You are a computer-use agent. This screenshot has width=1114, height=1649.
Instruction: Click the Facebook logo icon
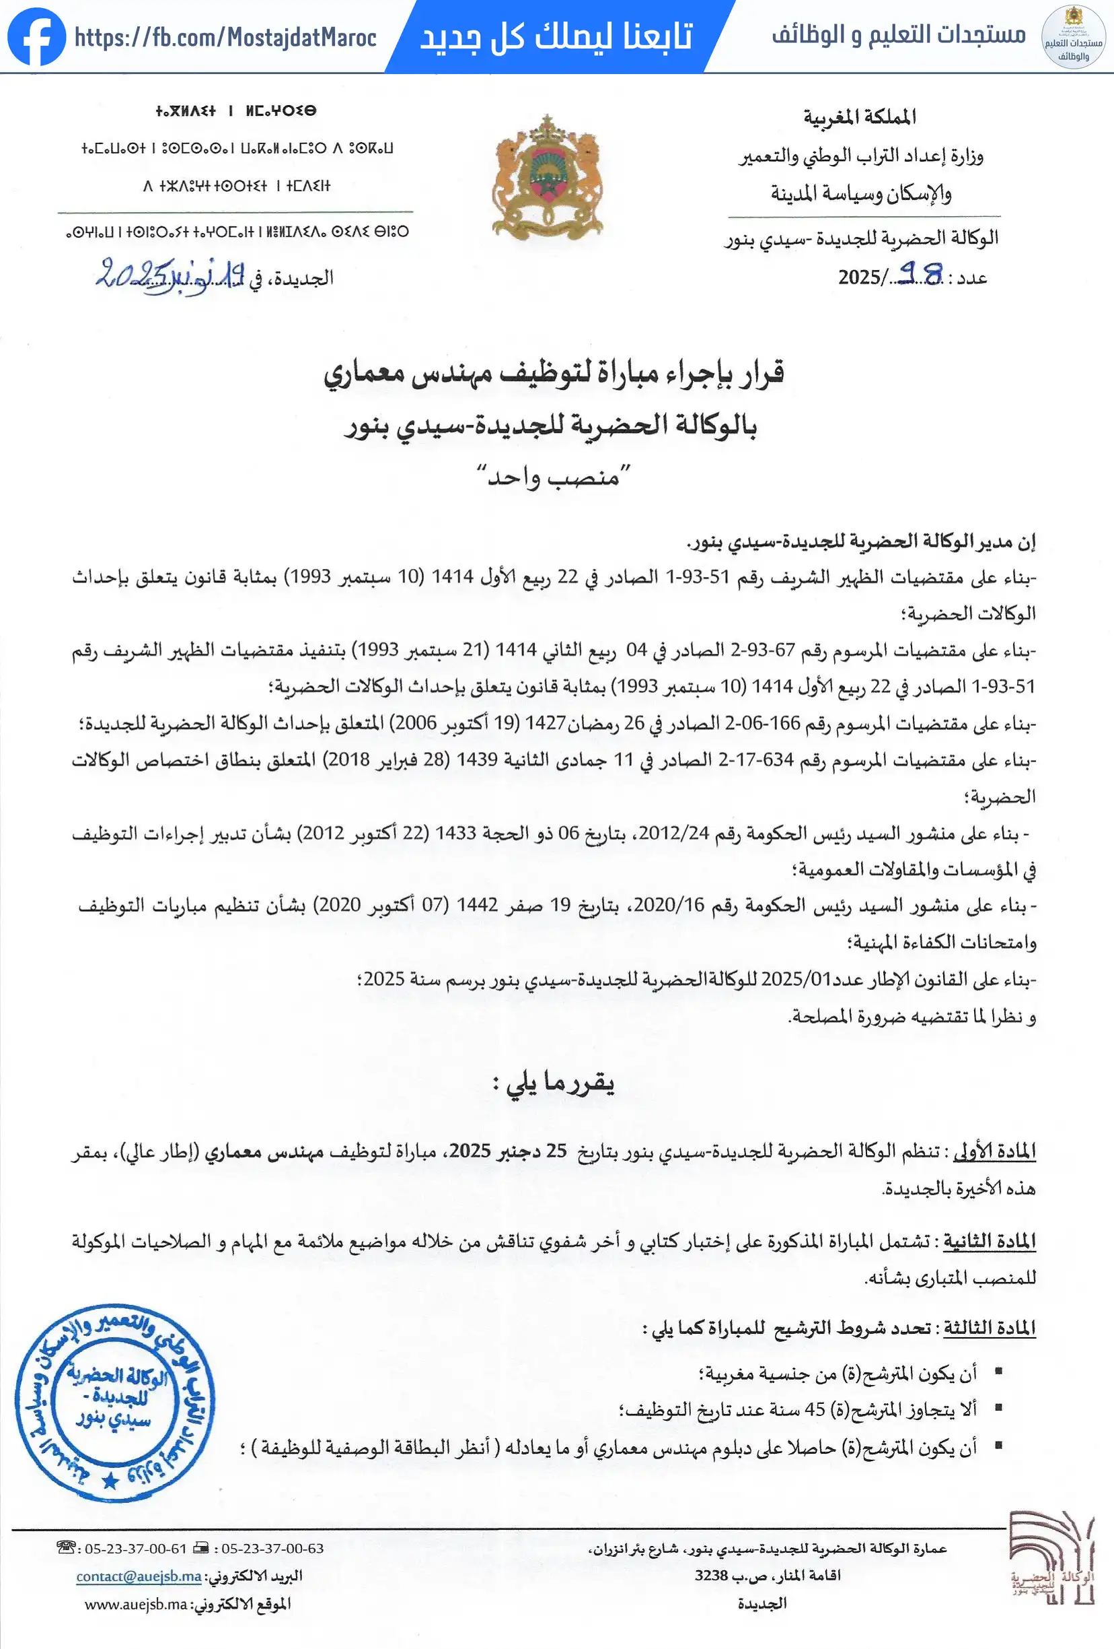pyautogui.click(x=36, y=37)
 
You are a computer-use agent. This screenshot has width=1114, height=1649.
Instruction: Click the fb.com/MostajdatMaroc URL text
pyautogui.click(x=225, y=38)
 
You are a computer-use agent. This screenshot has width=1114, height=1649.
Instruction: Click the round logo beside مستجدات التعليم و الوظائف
pyautogui.click(x=1073, y=37)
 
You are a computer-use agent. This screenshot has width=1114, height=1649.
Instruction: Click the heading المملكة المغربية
pyautogui.click(x=860, y=117)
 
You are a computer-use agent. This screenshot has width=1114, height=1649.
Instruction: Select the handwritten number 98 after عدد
pyautogui.click(x=920, y=274)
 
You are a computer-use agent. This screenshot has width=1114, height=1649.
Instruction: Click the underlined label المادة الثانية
pyautogui.click(x=990, y=1241)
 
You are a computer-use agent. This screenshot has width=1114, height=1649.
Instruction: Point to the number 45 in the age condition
pyautogui.click(x=815, y=1409)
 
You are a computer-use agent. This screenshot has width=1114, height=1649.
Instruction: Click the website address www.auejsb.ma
pyautogui.click(x=136, y=1604)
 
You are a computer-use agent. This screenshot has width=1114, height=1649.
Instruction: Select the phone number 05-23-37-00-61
pyautogui.click(x=135, y=1548)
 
